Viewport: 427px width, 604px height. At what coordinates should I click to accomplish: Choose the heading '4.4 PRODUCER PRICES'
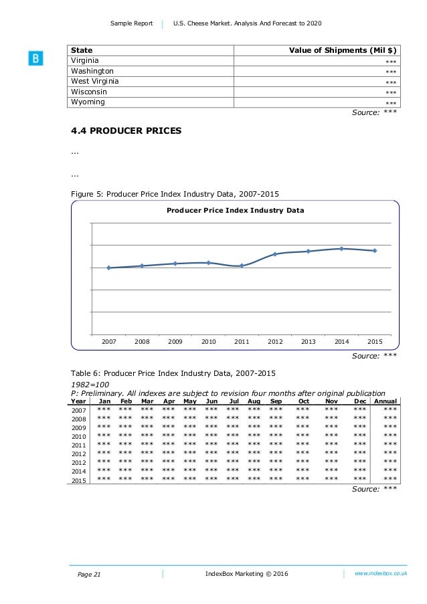tap(126, 131)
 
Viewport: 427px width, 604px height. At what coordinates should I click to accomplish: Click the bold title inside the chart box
tap(235, 210)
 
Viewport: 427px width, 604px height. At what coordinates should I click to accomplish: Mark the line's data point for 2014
tap(342, 249)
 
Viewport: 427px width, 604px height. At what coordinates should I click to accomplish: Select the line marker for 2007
tap(108, 268)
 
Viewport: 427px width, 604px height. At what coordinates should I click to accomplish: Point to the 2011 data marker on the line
tap(242, 266)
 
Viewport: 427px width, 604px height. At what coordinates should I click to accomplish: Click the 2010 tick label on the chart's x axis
tap(208, 341)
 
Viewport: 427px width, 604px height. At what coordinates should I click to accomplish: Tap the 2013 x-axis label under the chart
tap(308, 341)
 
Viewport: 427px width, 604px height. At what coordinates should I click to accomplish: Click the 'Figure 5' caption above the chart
tap(175, 194)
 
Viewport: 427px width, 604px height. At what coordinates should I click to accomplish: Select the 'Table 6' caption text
tap(173, 373)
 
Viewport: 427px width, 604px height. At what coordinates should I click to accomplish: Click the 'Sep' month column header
tap(276, 401)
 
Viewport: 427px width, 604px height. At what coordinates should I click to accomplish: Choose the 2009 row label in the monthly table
tap(79, 427)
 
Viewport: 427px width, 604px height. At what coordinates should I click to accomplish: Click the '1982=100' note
tap(90, 384)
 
